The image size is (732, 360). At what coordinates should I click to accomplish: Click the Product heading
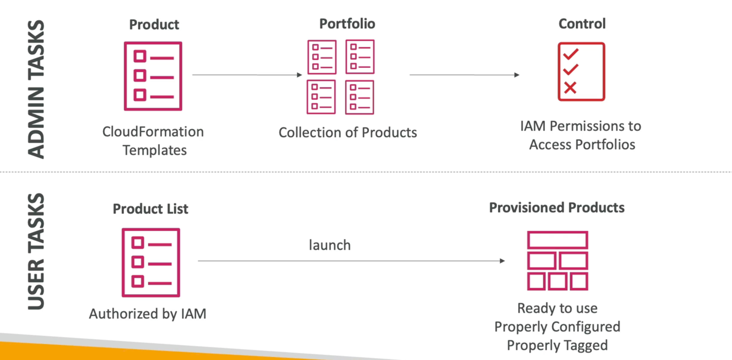[x=154, y=24]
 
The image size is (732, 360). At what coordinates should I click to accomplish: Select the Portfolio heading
[x=347, y=24]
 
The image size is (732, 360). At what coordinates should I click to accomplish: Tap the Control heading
[x=582, y=24]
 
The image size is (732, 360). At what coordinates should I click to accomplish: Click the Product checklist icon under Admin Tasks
[x=153, y=75]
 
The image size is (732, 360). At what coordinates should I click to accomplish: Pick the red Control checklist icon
[x=581, y=71]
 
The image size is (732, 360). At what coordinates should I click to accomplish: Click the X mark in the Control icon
[x=571, y=88]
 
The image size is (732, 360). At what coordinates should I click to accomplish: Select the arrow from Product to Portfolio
[x=247, y=75]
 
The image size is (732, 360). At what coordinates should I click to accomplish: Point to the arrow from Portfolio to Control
[x=464, y=75]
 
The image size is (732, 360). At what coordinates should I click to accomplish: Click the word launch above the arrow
[x=330, y=245]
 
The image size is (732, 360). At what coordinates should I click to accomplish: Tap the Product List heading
[x=150, y=209]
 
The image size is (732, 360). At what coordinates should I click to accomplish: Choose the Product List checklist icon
[x=150, y=262]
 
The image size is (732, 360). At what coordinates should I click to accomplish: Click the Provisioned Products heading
[x=557, y=207]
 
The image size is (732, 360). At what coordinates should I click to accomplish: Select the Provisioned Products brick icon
[x=557, y=260]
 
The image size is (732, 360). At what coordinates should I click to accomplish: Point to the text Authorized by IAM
[x=148, y=314]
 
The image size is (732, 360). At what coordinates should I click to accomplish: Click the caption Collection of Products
[x=348, y=132]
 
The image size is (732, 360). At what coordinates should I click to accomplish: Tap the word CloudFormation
[x=153, y=131]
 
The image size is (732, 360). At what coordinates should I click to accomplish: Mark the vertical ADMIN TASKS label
[x=36, y=89]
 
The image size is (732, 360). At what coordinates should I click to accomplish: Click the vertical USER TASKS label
[x=36, y=252]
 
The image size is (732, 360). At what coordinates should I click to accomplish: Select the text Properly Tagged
[x=557, y=345]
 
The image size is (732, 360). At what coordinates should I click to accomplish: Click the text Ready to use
[x=557, y=308]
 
